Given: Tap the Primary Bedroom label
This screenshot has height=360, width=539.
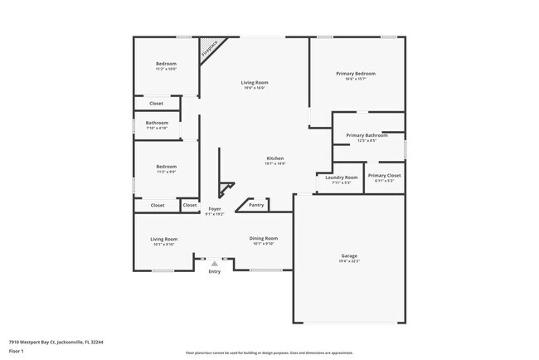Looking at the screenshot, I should tap(355, 74).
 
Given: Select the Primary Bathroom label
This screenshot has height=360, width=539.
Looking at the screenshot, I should tap(367, 135).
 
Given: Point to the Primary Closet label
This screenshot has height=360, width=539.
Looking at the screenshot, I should tap(384, 176).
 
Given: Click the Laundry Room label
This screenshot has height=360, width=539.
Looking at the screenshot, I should tap(341, 178).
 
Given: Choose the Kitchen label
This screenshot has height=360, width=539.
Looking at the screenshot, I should tap(274, 158).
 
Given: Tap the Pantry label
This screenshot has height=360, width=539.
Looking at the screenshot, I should tap(256, 204).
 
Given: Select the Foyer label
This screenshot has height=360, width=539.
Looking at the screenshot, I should tap(214, 209).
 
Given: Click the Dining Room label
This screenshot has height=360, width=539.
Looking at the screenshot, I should tap(263, 239).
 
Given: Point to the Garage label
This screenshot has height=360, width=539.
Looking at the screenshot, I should tap(349, 255).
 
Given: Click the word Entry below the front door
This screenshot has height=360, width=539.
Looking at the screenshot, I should tap(214, 271).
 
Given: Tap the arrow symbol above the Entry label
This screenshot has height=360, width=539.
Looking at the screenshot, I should tap(214, 263).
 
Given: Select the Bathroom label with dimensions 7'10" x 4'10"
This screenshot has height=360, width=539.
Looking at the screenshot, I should tap(157, 123).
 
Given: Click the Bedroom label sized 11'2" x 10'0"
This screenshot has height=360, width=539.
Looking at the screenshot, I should tap(166, 64).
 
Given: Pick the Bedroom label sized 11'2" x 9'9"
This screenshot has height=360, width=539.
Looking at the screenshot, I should tap(166, 167).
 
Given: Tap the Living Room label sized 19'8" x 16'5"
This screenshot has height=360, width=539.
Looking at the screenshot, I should tap(255, 83).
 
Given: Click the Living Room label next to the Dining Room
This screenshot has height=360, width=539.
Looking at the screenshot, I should tap(163, 239).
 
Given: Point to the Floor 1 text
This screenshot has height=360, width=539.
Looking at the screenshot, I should tap(17, 348).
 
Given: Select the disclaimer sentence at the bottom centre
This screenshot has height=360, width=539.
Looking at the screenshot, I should tap(269, 353).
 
